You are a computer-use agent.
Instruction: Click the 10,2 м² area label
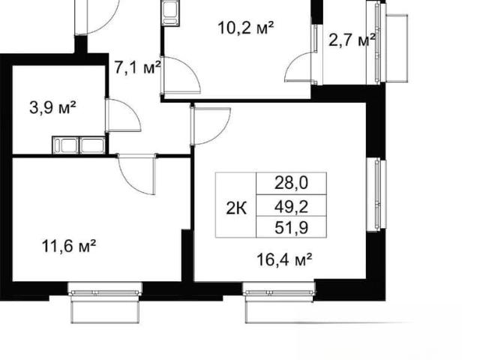point(245,28)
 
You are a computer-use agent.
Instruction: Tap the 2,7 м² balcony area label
point(352,40)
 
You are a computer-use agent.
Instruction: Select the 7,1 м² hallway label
point(137,67)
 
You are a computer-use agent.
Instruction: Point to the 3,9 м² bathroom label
point(52,107)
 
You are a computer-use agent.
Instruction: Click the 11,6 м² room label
point(69,246)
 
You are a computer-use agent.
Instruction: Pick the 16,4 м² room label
point(284,259)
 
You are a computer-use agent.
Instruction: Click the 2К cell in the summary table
point(236,209)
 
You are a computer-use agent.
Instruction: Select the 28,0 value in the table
point(291,183)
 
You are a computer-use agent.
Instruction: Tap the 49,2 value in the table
point(291,207)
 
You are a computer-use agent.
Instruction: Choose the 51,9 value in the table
point(291,228)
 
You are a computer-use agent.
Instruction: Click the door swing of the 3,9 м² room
point(123,115)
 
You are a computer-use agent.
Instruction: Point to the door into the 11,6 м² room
point(136,174)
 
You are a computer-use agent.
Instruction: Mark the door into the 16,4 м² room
point(210,126)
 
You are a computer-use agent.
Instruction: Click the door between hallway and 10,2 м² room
point(181,75)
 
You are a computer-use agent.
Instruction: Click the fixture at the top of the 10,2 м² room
point(170,13)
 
